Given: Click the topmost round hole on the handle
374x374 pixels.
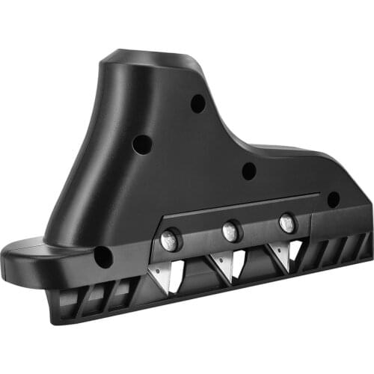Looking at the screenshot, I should (x=197, y=103).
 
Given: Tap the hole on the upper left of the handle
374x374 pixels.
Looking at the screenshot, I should (x=142, y=144).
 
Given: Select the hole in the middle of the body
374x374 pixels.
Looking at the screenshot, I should (x=249, y=171).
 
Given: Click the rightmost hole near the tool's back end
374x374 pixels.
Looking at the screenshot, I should (x=333, y=200).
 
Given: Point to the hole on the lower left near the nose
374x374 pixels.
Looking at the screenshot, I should (x=102, y=257).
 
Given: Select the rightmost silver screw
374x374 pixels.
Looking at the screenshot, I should (x=286, y=222).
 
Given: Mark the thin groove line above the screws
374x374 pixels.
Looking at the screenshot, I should (x=239, y=206).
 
